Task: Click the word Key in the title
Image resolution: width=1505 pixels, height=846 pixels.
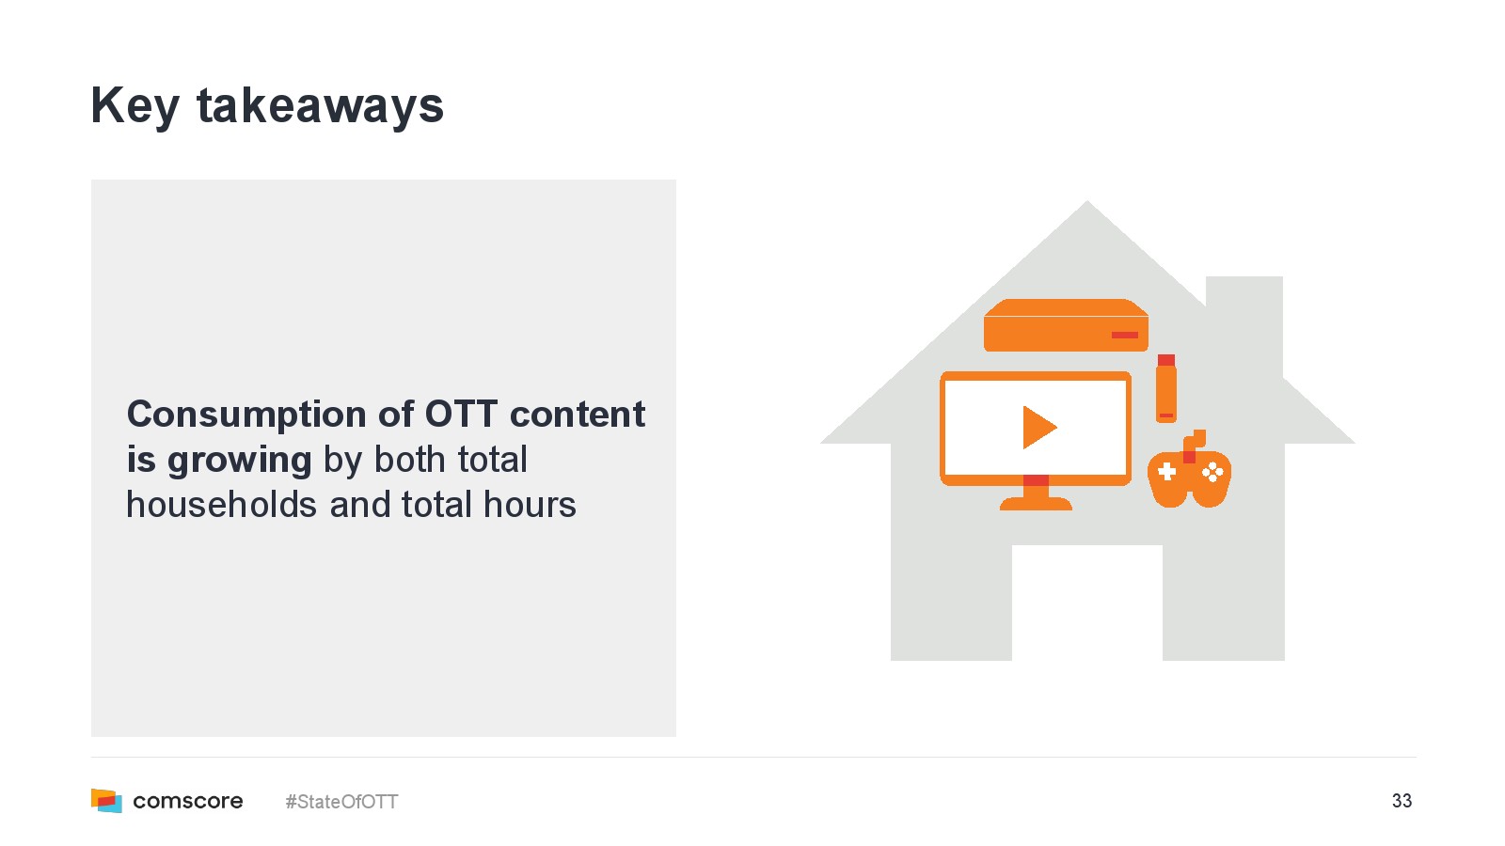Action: click(x=135, y=107)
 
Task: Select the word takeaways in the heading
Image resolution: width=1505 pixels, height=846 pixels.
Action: click(x=320, y=106)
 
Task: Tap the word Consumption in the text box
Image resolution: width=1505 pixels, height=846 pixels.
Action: click(x=246, y=415)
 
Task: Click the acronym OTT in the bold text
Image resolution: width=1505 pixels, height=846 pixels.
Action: click(x=461, y=414)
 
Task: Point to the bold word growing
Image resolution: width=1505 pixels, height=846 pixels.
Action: click(x=239, y=462)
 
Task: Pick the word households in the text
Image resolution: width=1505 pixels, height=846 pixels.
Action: click(x=222, y=504)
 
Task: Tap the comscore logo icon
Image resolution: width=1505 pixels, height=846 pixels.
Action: click(x=107, y=800)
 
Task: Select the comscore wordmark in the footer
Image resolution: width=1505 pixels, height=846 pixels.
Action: click(x=188, y=801)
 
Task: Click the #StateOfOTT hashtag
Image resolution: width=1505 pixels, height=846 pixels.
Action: click(x=341, y=802)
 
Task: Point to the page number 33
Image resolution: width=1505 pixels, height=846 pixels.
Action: click(x=1402, y=800)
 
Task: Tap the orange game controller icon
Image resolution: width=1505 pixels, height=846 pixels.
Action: click(x=1189, y=471)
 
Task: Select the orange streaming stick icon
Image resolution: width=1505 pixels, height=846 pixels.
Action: click(x=1166, y=389)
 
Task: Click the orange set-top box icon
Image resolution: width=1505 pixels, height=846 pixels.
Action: click(x=1067, y=325)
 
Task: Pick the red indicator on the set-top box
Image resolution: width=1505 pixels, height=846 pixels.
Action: click(x=1125, y=335)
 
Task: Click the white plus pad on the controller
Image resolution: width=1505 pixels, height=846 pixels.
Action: click(x=1167, y=472)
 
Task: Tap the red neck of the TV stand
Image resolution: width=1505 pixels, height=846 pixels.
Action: click(x=1036, y=480)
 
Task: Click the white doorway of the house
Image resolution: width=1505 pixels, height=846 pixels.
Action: click(x=1087, y=603)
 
